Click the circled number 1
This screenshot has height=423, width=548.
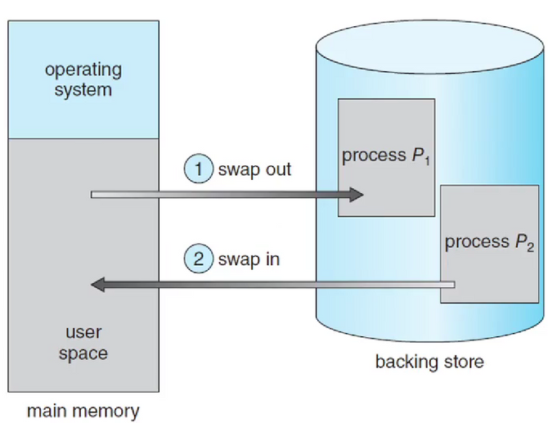(x=200, y=169)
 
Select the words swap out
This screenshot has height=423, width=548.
(x=254, y=170)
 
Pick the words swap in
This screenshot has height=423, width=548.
(x=249, y=259)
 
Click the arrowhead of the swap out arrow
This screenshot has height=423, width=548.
(x=355, y=195)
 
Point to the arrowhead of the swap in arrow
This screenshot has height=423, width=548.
(x=98, y=285)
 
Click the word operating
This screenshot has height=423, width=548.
(x=83, y=70)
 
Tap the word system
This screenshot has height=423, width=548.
(x=83, y=89)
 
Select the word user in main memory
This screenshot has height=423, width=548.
(x=83, y=334)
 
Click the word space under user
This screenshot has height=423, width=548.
(x=83, y=353)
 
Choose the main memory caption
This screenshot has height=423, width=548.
(x=83, y=411)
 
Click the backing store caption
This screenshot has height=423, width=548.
(x=429, y=361)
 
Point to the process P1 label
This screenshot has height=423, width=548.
(x=385, y=155)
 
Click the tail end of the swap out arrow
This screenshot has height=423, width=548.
(x=95, y=195)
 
